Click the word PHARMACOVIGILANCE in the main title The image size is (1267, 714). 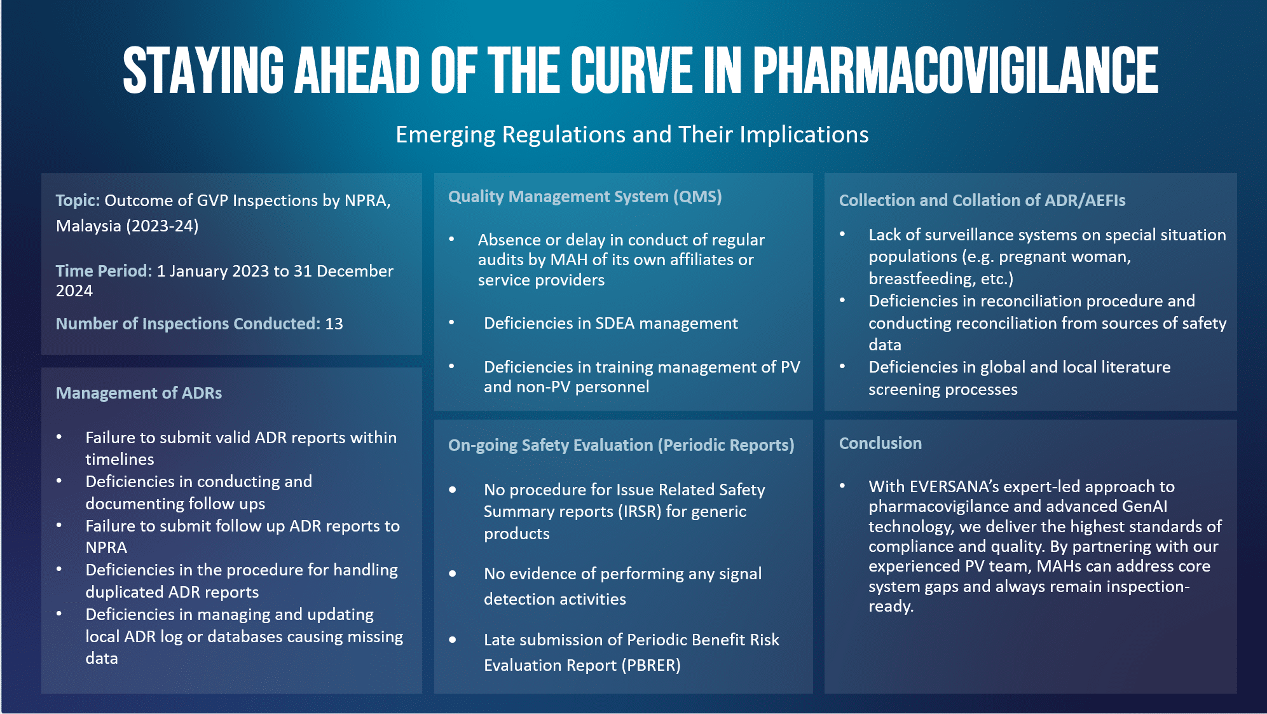(x=955, y=70)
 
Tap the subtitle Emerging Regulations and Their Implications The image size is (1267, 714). (x=632, y=135)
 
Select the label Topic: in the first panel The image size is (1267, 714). (x=78, y=201)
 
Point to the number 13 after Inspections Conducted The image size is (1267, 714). (x=334, y=324)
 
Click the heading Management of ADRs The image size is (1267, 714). (x=139, y=393)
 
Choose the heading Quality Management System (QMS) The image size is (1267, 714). (x=585, y=196)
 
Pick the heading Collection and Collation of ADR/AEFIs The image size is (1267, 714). (x=982, y=200)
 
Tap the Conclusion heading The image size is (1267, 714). (x=880, y=443)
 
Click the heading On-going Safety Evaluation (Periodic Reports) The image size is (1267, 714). (x=621, y=445)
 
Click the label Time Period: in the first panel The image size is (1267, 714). (x=104, y=271)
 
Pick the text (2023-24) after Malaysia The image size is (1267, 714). (x=163, y=226)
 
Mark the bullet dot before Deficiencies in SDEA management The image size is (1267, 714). (x=451, y=323)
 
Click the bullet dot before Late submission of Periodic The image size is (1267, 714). (x=452, y=640)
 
